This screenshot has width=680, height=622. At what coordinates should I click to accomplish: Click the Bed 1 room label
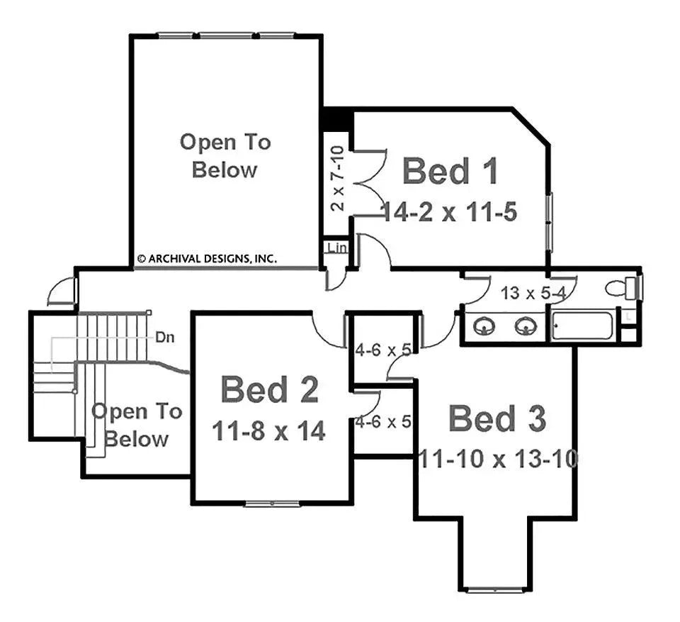coord(450,172)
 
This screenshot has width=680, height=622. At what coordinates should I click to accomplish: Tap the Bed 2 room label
coord(269,390)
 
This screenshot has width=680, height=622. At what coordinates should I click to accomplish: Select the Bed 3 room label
coord(497,419)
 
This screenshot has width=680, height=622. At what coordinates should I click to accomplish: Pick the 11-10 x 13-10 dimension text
coord(497,459)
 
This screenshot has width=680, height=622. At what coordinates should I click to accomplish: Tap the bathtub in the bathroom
coord(582,327)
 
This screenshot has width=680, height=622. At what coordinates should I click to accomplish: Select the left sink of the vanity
coord(485,326)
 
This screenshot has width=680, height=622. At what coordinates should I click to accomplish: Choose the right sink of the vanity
coord(524,326)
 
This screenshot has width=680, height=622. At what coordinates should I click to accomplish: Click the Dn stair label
coord(165,338)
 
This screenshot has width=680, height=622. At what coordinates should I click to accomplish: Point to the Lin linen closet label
coord(336,248)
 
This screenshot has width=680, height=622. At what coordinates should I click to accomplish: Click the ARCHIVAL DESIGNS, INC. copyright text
coord(206,259)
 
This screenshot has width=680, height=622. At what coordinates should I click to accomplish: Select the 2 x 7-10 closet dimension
coord(338,179)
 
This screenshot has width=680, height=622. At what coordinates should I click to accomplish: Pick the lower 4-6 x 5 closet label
coord(383,421)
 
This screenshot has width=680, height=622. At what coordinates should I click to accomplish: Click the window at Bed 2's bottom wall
coord(272,504)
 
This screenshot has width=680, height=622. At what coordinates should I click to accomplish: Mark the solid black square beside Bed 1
coord(336,119)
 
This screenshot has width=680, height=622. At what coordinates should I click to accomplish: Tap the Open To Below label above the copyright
coord(225,156)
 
